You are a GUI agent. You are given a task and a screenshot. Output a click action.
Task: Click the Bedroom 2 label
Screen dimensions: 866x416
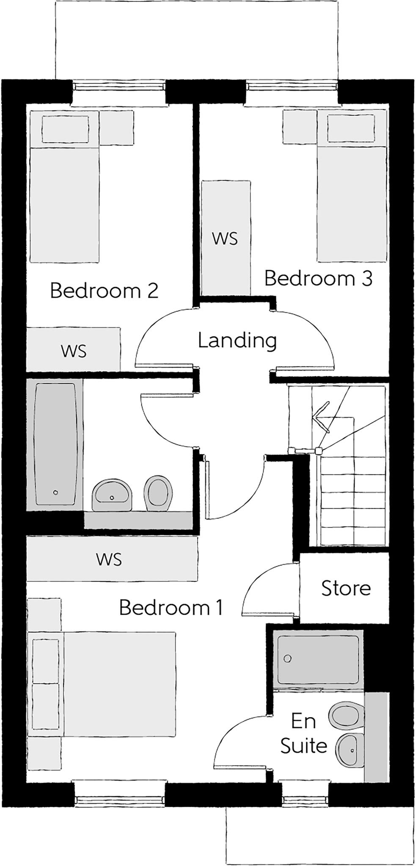[x=104, y=290]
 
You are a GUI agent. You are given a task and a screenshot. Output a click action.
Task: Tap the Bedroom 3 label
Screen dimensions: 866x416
[x=318, y=278]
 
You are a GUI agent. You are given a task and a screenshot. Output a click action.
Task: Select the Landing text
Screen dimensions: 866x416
[x=237, y=340]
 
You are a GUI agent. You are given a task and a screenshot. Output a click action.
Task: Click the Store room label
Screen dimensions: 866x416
[x=346, y=588]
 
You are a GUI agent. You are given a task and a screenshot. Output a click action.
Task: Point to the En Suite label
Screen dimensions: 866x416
[x=303, y=733]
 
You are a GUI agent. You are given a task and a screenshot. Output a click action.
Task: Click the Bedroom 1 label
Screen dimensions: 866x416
[x=171, y=608]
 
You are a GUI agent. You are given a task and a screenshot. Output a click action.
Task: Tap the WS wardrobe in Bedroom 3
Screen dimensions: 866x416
[x=225, y=238]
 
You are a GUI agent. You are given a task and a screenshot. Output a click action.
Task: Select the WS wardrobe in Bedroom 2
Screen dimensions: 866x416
[x=73, y=351]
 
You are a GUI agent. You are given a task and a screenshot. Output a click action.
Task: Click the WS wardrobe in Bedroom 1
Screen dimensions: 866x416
[x=109, y=559]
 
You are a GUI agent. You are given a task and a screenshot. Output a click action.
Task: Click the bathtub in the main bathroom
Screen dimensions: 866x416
[x=55, y=444]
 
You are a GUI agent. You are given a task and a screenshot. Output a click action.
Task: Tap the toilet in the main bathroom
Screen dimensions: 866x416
[x=157, y=492]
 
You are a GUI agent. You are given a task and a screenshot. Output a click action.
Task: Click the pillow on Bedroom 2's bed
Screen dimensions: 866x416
[x=65, y=129]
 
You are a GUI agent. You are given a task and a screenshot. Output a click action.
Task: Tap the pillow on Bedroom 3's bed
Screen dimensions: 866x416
[x=351, y=128]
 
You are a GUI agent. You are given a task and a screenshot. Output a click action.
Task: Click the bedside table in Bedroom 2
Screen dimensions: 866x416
[x=116, y=127]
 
